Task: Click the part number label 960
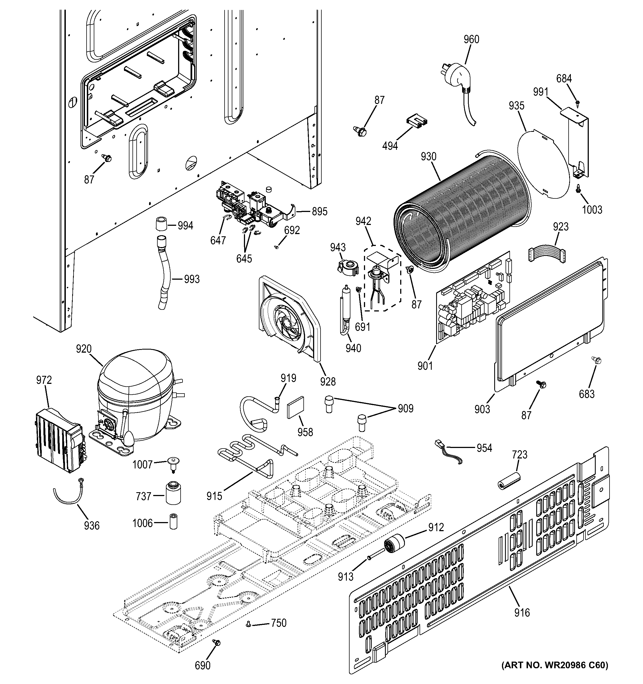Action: click(x=471, y=39)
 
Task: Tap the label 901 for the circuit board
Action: click(x=425, y=366)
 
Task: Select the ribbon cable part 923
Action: click(x=546, y=256)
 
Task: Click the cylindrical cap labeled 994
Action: click(x=160, y=225)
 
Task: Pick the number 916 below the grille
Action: click(x=522, y=612)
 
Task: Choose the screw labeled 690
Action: click(x=216, y=643)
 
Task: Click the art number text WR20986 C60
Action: click(x=554, y=675)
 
